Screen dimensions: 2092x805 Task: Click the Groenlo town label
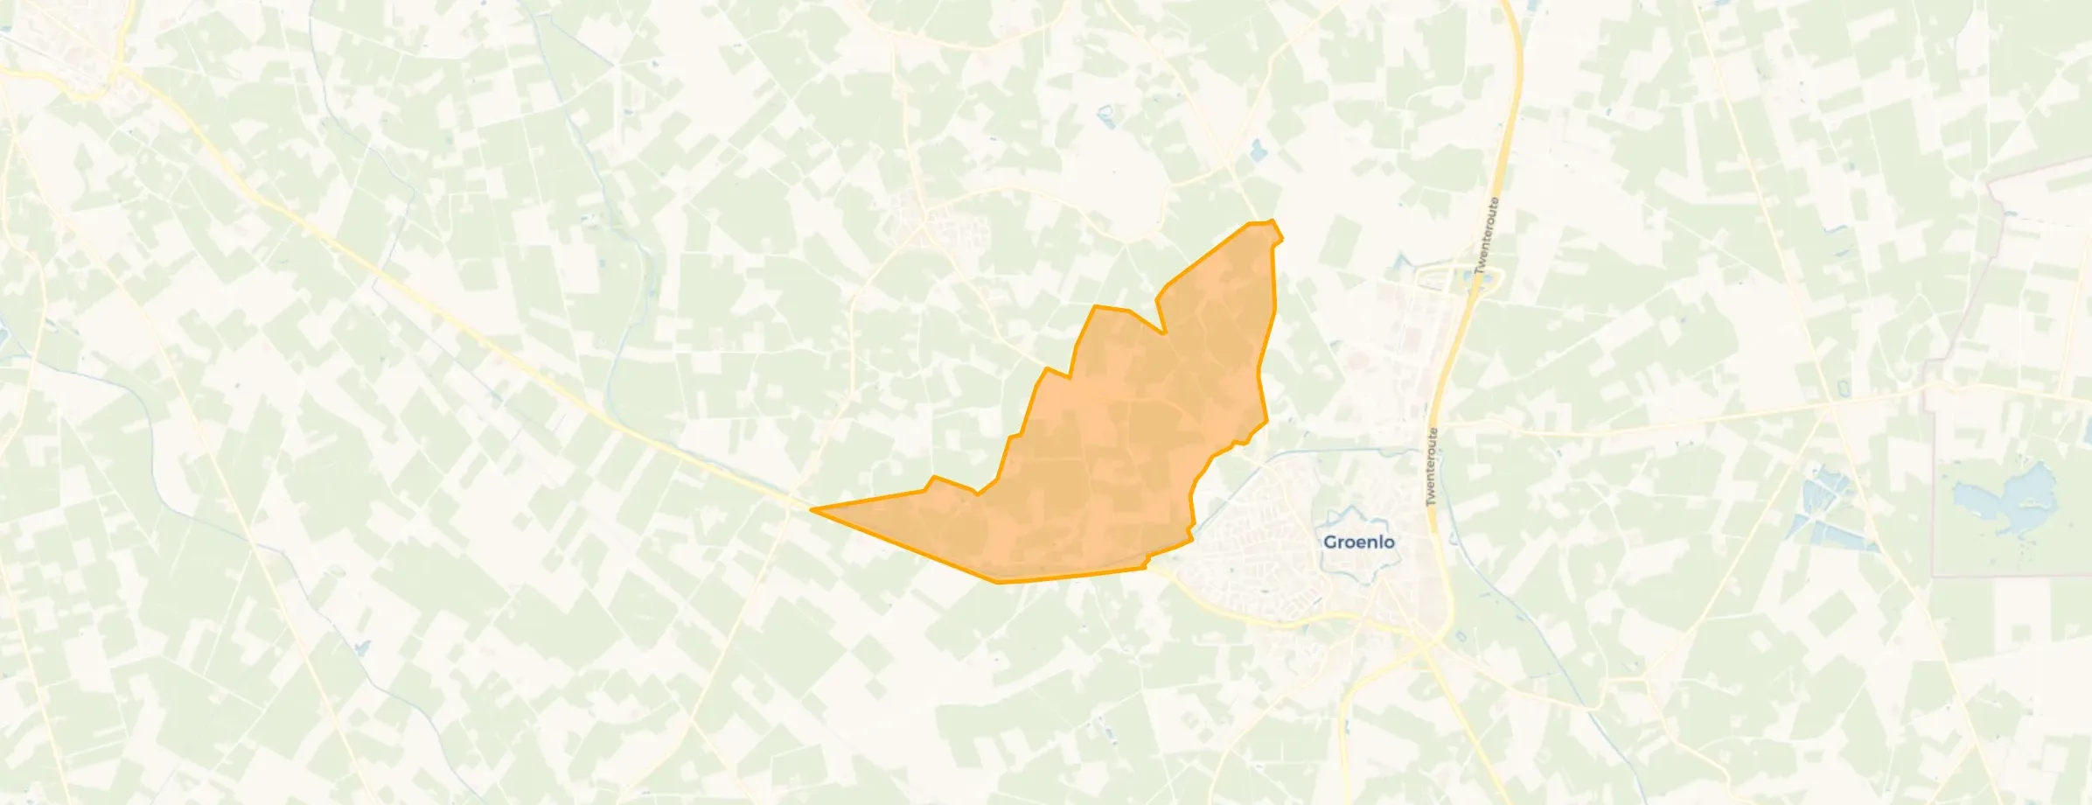1358,542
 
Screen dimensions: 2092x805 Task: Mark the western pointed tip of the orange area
813,509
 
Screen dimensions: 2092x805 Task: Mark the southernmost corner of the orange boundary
997,581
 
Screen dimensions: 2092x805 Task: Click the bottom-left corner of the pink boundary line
1933,575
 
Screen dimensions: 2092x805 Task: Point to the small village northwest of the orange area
927,223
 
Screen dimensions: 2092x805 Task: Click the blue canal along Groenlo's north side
1338,452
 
